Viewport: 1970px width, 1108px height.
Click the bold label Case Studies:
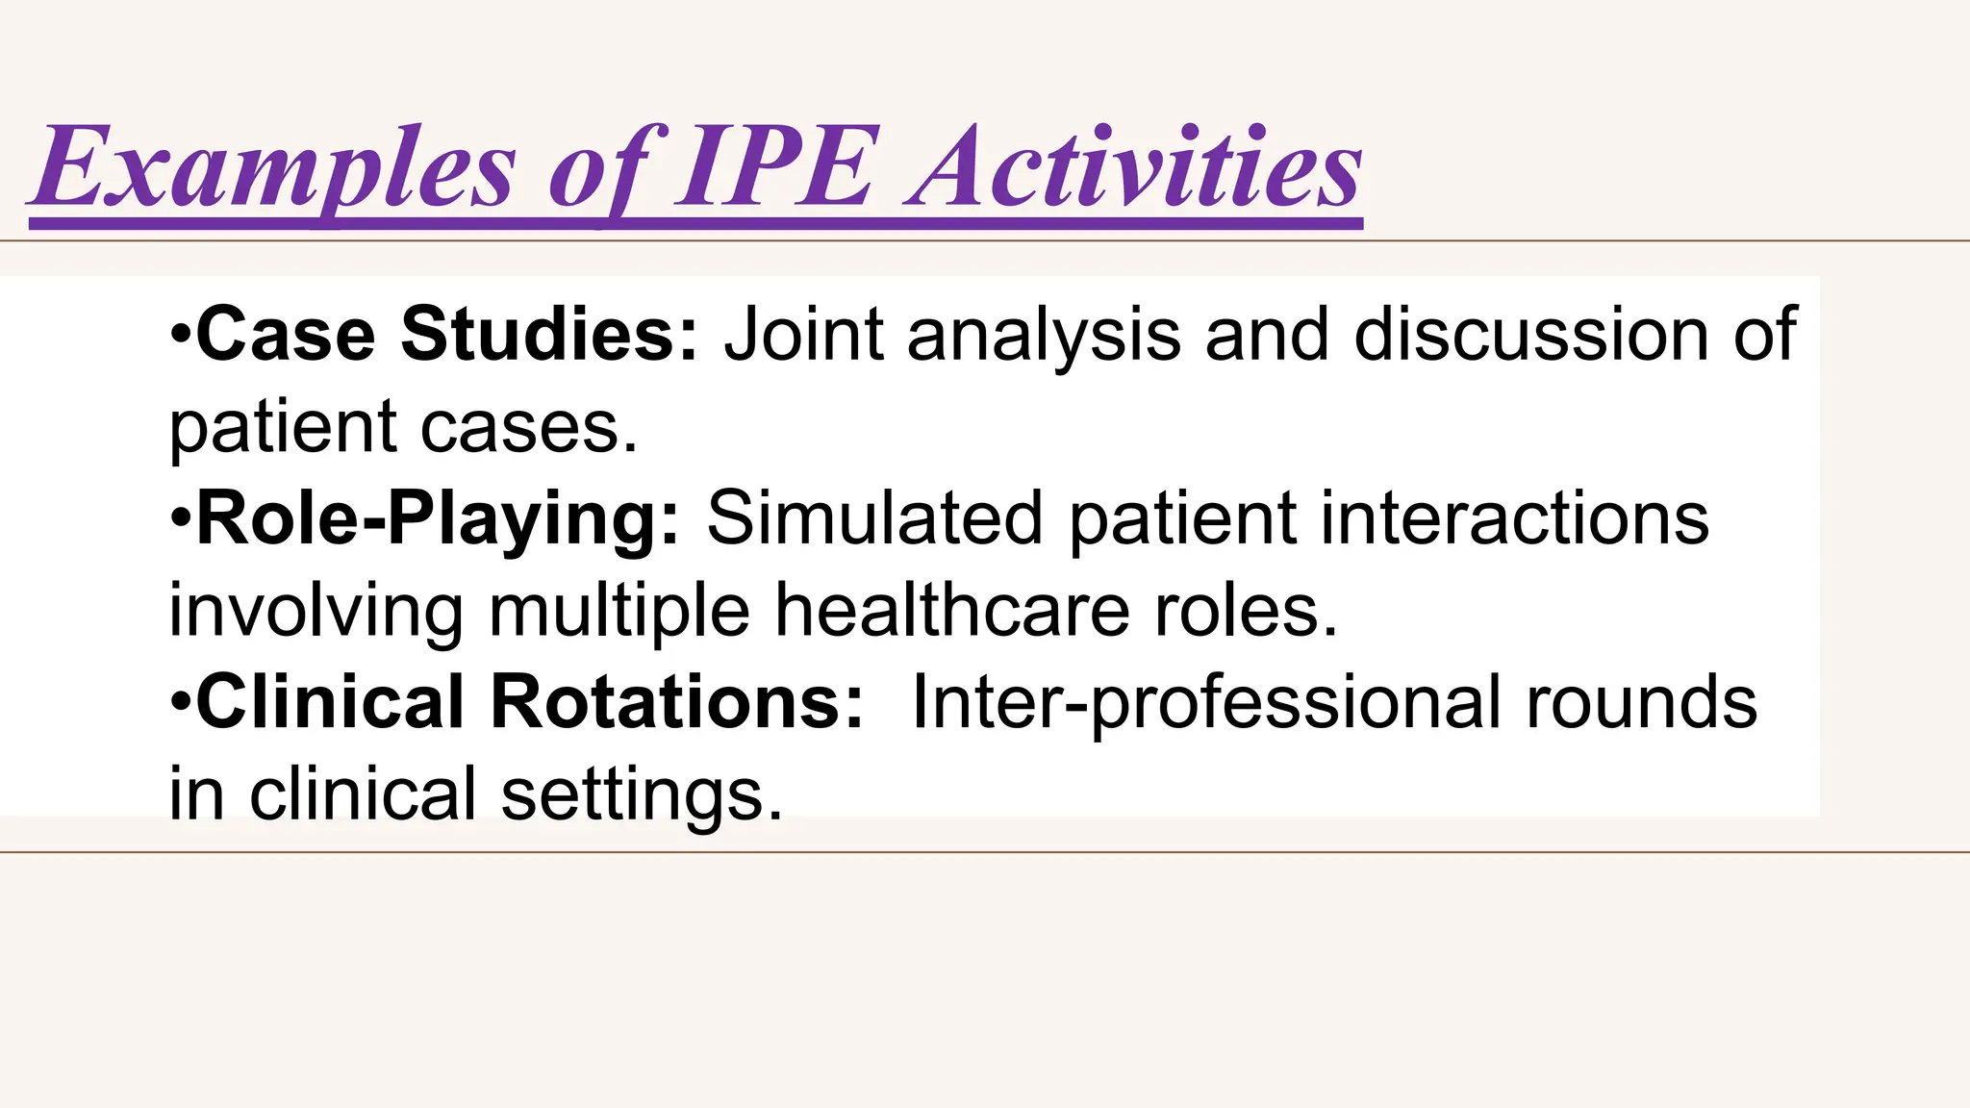(447, 334)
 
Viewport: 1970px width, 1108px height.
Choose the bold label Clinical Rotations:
(530, 702)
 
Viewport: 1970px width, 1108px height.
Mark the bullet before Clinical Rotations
(180, 703)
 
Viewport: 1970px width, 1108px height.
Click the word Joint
(803, 334)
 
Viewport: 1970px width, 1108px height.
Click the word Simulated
(874, 517)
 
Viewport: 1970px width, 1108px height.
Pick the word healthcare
(952, 610)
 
